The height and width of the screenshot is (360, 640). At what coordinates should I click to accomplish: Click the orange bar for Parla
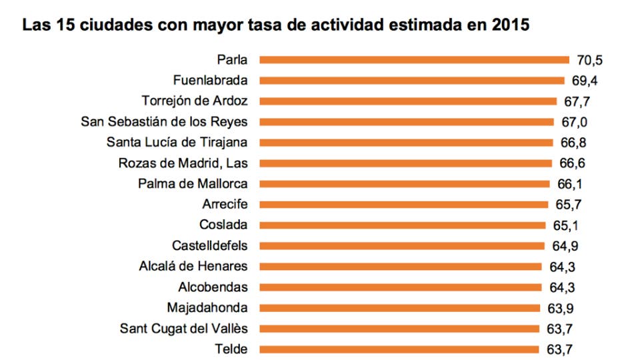click(x=413, y=60)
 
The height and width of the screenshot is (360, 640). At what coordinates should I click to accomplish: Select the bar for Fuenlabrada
click(x=411, y=81)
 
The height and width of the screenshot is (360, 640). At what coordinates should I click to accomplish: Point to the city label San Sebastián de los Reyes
click(x=164, y=122)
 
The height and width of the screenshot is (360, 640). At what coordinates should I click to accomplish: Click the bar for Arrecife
click(x=404, y=205)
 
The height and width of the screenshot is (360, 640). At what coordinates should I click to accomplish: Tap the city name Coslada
click(x=223, y=225)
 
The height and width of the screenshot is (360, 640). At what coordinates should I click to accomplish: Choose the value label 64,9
click(x=565, y=246)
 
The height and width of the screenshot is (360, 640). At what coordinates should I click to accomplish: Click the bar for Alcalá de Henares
click(x=400, y=267)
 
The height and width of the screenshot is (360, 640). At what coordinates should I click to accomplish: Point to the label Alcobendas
click(x=213, y=287)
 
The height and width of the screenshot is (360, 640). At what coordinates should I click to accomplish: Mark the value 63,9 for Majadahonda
click(x=560, y=308)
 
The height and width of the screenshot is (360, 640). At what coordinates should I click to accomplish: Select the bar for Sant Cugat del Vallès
click(x=399, y=329)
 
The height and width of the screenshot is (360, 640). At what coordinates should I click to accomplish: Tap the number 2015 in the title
click(x=510, y=25)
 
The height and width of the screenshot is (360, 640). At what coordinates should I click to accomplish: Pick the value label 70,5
click(x=590, y=61)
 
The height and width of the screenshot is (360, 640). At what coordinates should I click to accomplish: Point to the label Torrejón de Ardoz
click(x=195, y=101)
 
